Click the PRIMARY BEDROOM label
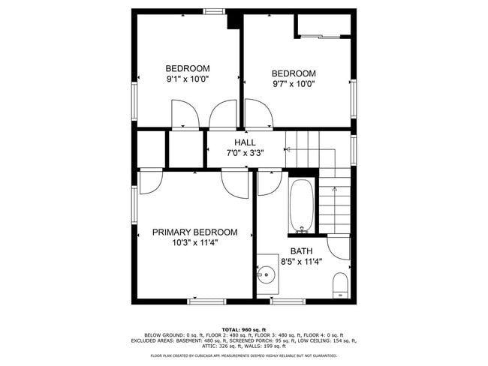tap(194, 232)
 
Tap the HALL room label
tap(245, 142)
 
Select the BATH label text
tap(301, 251)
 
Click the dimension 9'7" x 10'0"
tap(293, 84)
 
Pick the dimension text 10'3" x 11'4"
tap(194, 243)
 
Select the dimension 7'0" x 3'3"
tap(245, 152)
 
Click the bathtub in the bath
tap(302, 206)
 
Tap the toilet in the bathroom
tap(339, 286)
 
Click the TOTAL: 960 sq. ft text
tap(243, 329)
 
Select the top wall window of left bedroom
tap(214, 11)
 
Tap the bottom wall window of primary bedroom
tap(206, 301)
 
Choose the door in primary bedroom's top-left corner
tap(151, 181)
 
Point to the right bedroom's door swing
tap(259, 116)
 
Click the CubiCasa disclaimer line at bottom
tap(243, 355)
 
